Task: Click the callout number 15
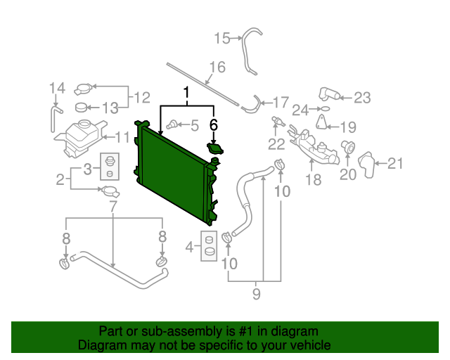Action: pos(222,38)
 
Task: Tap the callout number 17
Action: pos(280,102)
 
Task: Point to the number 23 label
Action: pos(361,98)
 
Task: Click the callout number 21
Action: pos(396,165)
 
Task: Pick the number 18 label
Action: pos(313,179)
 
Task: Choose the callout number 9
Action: pos(256,294)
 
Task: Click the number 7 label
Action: pos(113,206)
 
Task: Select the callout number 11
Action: pos(122,137)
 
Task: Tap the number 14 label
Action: pos(57,88)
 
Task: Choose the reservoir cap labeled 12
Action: pos(84,89)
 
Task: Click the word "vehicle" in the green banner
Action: pos(309,346)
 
